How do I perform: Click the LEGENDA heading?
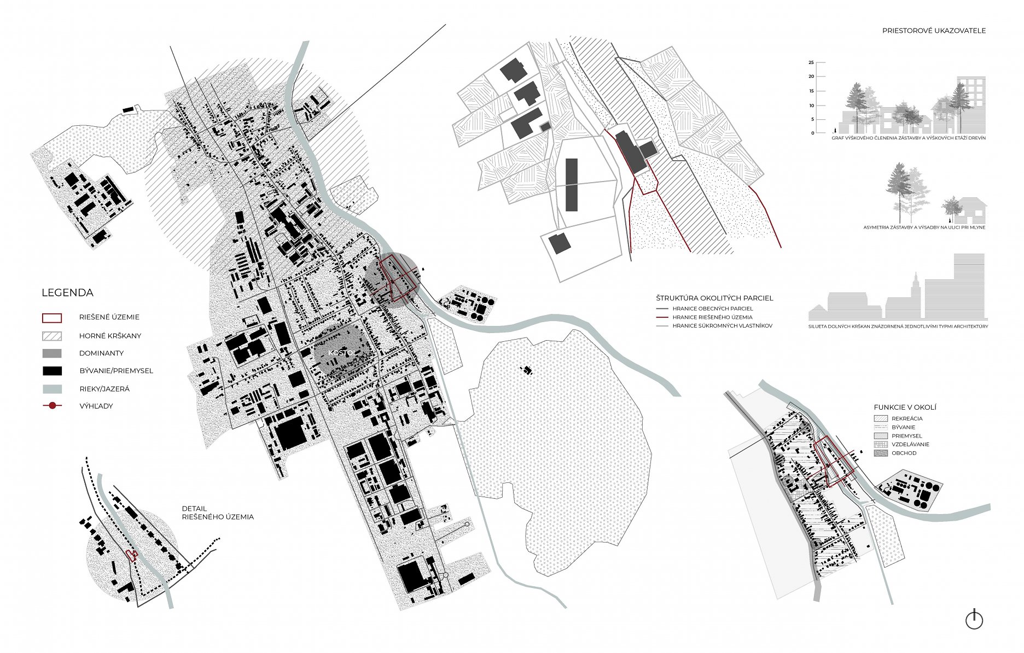pos(67,293)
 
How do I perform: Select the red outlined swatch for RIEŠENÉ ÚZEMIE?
pos(52,318)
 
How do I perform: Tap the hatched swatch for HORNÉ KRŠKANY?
pos(52,336)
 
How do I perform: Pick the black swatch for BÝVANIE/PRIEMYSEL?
pos(52,371)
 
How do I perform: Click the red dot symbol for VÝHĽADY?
pos(53,406)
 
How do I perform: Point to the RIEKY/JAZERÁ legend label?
pos(104,389)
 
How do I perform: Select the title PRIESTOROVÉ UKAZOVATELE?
pos(934,31)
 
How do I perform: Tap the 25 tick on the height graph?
pos(811,62)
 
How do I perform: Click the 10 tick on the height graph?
pos(811,105)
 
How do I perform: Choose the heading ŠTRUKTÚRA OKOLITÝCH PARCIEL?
pos(714,298)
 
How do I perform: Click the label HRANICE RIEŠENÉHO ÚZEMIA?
pos(712,317)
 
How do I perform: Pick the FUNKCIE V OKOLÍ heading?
pos(905,407)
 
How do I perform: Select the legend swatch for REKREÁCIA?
pos(881,418)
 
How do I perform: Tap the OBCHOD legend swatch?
pos(881,453)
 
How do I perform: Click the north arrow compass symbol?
pos(974,620)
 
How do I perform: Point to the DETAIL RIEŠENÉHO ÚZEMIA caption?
pos(218,512)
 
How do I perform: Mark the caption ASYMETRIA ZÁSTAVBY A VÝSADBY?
pos(924,228)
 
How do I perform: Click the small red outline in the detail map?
pos(131,555)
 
